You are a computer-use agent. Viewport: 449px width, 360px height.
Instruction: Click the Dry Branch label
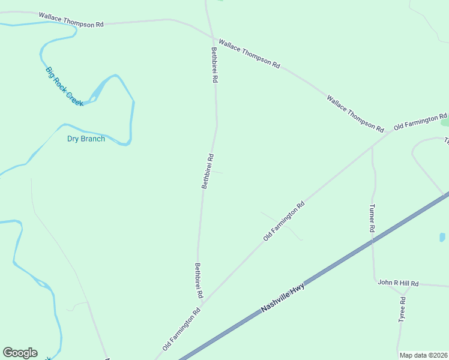[x=86, y=139]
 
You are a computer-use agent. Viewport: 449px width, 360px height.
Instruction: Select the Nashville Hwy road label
[x=283, y=298]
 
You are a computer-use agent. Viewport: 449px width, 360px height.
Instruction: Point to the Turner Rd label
[x=372, y=218]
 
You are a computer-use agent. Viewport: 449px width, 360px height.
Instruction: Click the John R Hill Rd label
[x=397, y=283]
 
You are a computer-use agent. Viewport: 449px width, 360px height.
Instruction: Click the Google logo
[x=20, y=353]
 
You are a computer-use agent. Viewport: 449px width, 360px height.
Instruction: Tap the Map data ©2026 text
[x=424, y=355]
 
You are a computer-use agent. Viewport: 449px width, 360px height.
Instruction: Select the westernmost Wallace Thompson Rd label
[x=71, y=20]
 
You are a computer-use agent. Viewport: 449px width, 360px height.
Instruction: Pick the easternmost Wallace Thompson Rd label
[x=355, y=113]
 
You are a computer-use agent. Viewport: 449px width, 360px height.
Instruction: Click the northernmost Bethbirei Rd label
[x=214, y=65]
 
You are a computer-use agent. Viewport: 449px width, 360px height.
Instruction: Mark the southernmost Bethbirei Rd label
[x=199, y=280]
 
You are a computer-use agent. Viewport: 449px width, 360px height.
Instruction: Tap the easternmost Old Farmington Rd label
[x=420, y=122]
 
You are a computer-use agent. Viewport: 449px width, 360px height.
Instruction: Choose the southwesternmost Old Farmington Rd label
[x=181, y=329]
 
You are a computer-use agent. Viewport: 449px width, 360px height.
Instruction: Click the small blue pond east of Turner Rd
[x=442, y=237]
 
